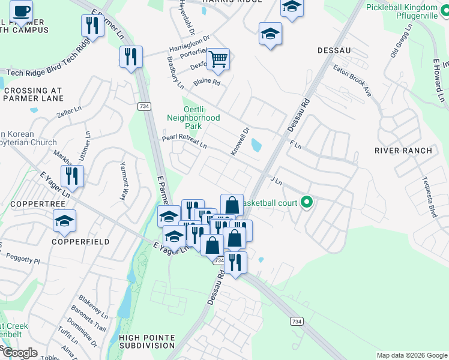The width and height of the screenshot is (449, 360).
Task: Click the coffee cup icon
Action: [21, 11]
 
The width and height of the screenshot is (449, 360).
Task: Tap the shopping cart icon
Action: [218, 59]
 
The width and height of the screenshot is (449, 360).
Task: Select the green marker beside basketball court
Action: [307, 202]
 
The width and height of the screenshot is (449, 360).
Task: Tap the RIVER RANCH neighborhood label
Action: [403, 151]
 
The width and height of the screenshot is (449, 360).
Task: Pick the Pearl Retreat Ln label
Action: [184, 142]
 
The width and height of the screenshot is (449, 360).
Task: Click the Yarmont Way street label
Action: [124, 181]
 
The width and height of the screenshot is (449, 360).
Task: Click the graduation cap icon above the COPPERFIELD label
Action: [65, 221]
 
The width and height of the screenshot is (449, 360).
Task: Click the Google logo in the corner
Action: [20, 352]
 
